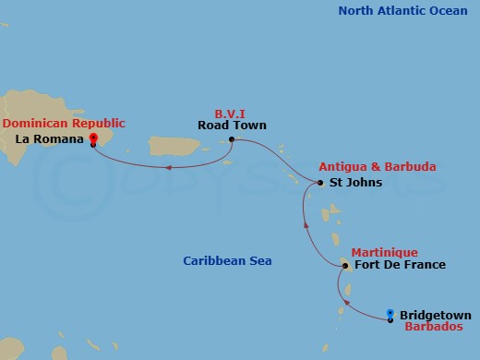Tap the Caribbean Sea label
[226, 261]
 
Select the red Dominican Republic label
[64, 123]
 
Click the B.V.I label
[228, 109]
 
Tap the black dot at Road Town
[232, 140]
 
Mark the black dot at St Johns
[320, 183]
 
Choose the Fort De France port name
[393, 266]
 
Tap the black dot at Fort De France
[344, 266]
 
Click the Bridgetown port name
[436, 315]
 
